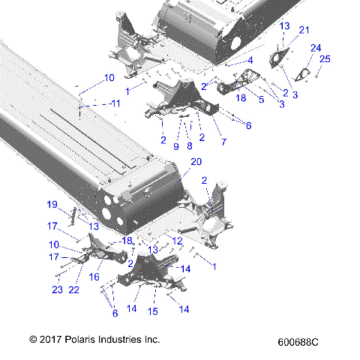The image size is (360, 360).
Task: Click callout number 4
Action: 250,60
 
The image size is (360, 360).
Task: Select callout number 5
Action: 262,98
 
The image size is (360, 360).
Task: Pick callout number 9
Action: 176,147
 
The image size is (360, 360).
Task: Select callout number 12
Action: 177,240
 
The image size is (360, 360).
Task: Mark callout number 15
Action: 153,310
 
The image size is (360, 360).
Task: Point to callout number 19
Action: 52,205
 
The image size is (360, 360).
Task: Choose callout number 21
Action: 304,30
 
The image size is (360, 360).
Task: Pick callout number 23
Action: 57,290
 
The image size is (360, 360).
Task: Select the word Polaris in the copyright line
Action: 79,340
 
